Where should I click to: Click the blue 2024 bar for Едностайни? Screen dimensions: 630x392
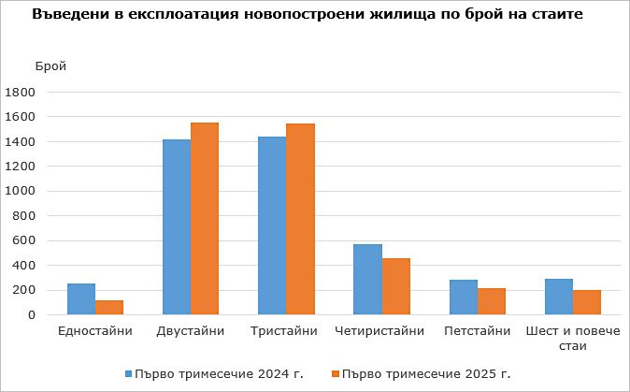click(x=81, y=299)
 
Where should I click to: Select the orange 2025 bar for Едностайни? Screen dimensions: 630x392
click(x=109, y=308)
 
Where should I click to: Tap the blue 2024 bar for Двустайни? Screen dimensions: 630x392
click(x=177, y=227)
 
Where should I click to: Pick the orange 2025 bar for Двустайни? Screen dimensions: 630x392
click(x=205, y=219)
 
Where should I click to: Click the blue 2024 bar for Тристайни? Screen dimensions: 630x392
click(x=272, y=225)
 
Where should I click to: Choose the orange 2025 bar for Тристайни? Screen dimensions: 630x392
click(x=300, y=219)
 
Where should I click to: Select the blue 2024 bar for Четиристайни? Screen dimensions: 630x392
click(x=367, y=280)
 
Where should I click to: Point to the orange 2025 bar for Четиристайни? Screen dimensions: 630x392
click(x=396, y=286)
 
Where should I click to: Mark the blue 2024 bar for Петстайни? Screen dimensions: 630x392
click(x=464, y=298)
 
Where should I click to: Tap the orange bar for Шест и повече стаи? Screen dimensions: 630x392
click(x=587, y=302)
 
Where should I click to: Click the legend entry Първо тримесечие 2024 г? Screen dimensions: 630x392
click(x=214, y=374)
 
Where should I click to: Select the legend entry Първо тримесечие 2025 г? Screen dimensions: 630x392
click(x=421, y=374)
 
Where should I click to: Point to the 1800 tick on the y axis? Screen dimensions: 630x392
click(x=20, y=93)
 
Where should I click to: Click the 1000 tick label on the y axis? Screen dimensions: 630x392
click(x=20, y=191)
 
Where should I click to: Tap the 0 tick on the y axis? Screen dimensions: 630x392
click(x=32, y=315)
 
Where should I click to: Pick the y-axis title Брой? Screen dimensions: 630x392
click(x=50, y=65)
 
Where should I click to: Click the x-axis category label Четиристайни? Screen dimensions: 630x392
click(x=379, y=331)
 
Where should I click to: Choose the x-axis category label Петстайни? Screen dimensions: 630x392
click(x=478, y=331)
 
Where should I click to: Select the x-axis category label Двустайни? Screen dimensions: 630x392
click(x=191, y=331)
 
